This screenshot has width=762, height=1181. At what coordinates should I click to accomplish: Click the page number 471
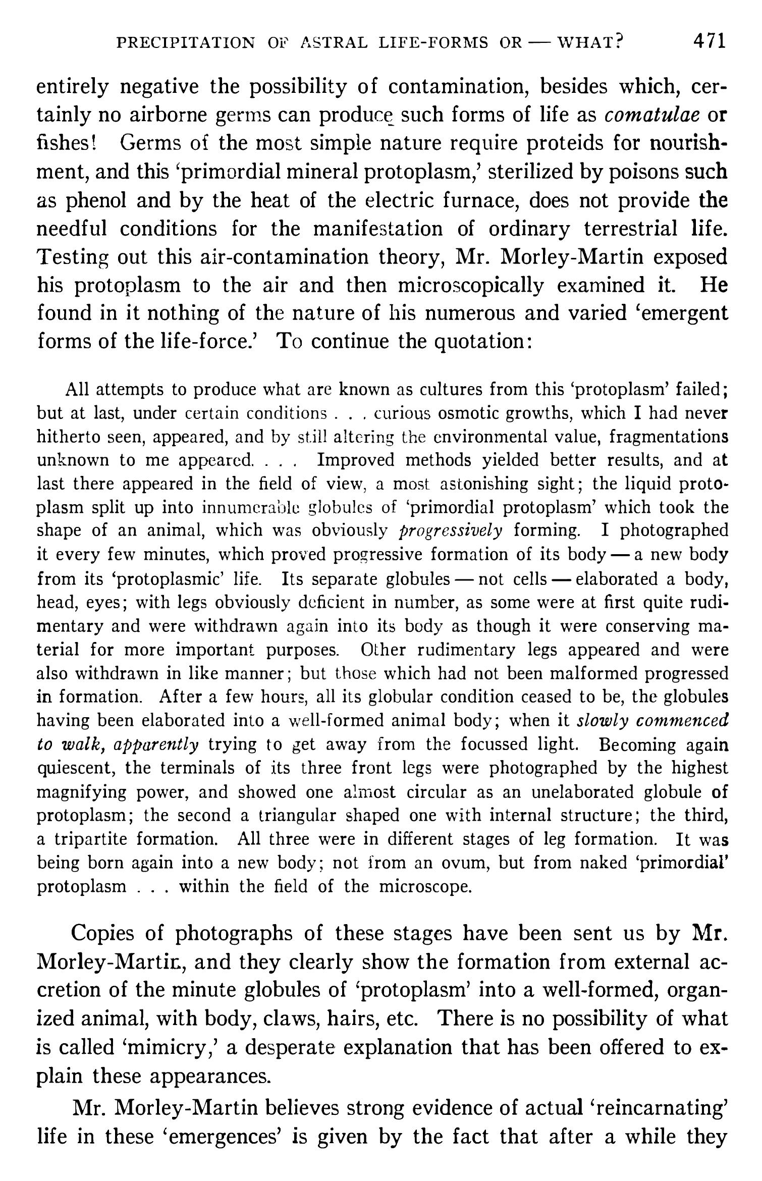(710, 41)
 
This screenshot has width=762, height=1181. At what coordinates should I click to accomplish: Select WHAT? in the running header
(588, 43)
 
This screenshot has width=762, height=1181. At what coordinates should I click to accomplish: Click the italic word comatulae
(651, 116)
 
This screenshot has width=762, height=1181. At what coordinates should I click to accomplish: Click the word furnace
(483, 201)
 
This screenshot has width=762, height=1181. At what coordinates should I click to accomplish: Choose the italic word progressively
(451, 531)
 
